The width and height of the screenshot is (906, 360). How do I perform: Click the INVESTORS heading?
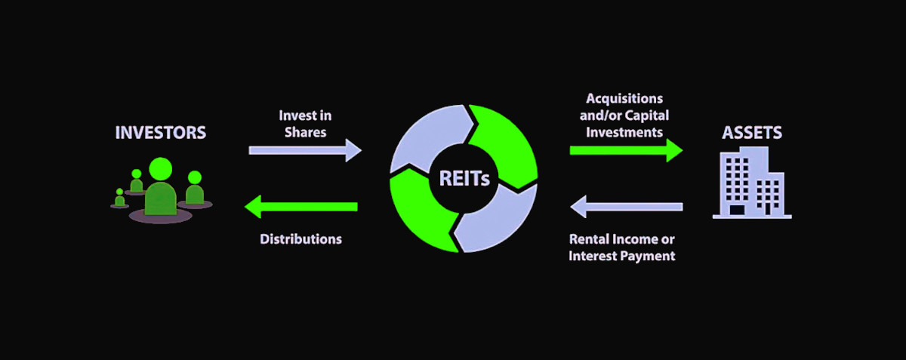pos(160,133)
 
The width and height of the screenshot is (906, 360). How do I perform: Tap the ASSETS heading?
pos(752,134)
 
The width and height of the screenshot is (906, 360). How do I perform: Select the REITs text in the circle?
pos(464,179)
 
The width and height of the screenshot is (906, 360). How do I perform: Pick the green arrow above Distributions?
pos(301,206)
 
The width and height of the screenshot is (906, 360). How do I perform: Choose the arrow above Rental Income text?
pos(626,206)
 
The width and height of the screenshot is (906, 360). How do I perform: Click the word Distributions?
pos(301,239)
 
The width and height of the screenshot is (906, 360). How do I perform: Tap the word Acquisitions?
pos(624,99)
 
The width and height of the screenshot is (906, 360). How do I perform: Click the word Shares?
pos(305,131)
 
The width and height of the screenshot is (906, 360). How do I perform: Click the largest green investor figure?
pos(160,189)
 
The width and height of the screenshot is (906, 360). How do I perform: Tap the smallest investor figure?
pos(119,198)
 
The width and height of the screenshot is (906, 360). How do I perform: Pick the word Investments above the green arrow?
pos(624,132)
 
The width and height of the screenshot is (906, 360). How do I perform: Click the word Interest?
pos(594,256)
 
